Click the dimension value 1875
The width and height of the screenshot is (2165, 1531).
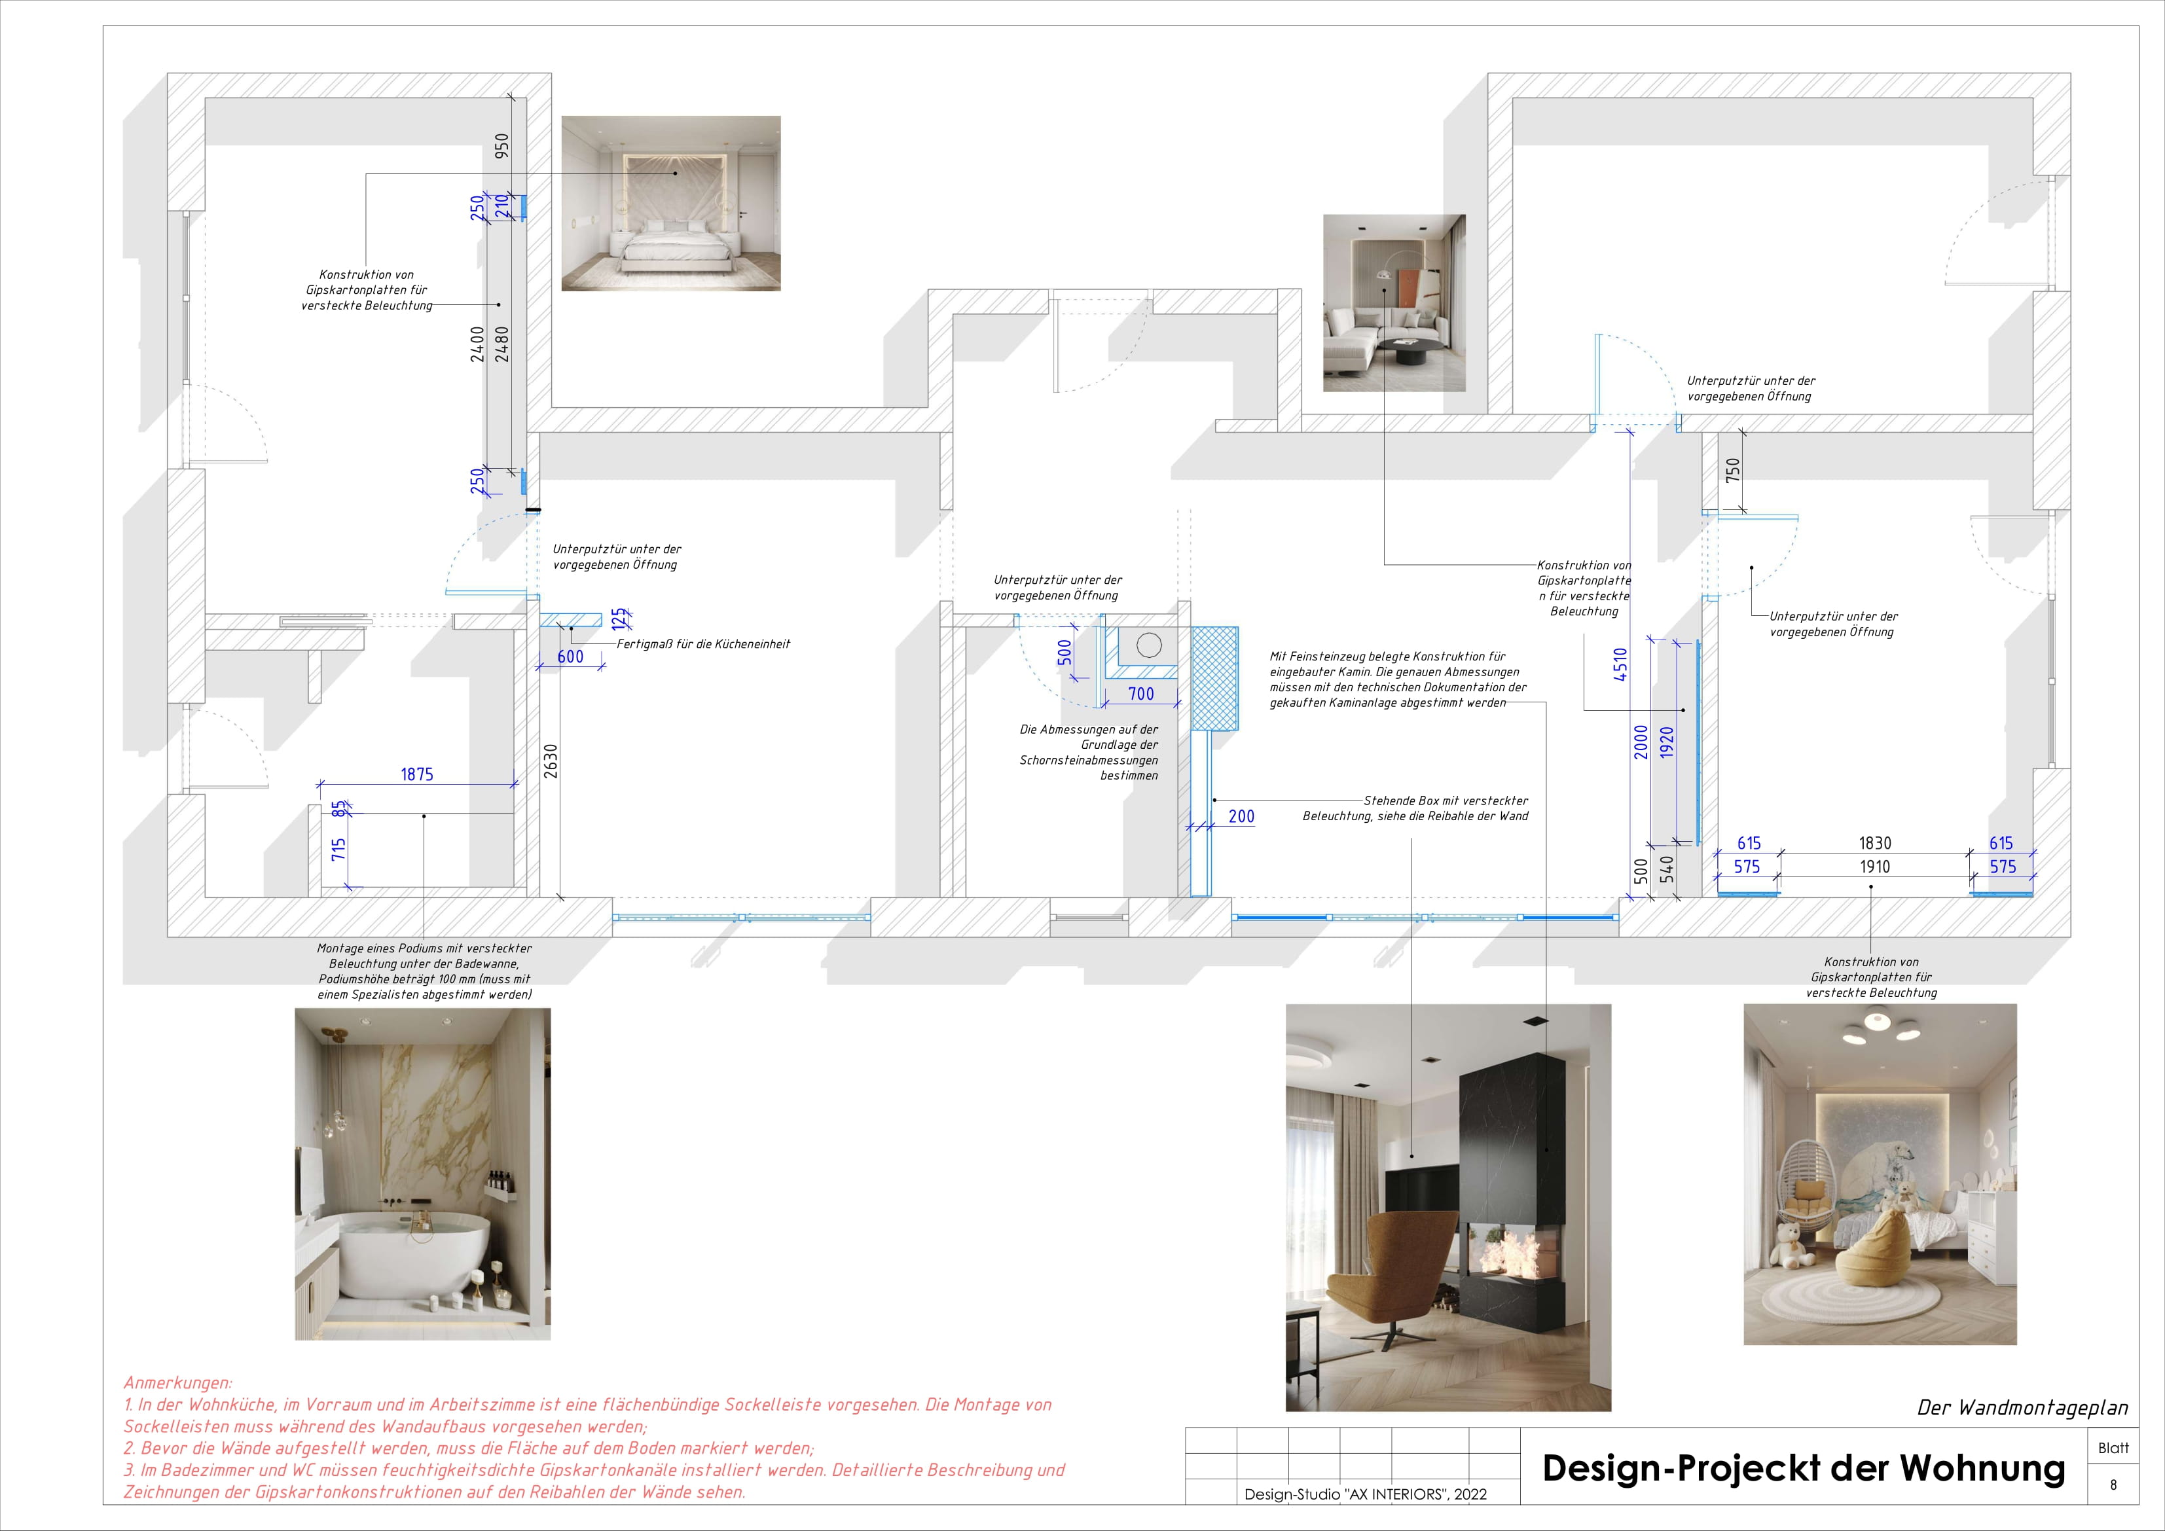(417, 774)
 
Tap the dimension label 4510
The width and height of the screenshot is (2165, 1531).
(1620, 664)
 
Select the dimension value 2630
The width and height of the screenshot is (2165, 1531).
(551, 762)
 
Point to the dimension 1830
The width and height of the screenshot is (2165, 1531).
(1874, 843)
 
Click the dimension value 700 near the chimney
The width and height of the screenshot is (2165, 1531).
(1141, 694)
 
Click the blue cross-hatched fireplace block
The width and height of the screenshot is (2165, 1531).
(1214, 678)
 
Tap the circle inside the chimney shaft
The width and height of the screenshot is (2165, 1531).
(1148, 646)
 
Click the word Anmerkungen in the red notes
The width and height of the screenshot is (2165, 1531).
(177, 1383)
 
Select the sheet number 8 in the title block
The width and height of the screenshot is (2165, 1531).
(2113, 1485)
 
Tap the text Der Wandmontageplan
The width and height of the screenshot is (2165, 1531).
(2023, 1407)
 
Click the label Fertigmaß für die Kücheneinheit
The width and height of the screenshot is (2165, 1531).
(703, 644)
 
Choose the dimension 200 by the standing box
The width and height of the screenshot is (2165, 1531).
(1241, 816)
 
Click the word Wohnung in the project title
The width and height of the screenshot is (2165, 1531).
(1982, 1468)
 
